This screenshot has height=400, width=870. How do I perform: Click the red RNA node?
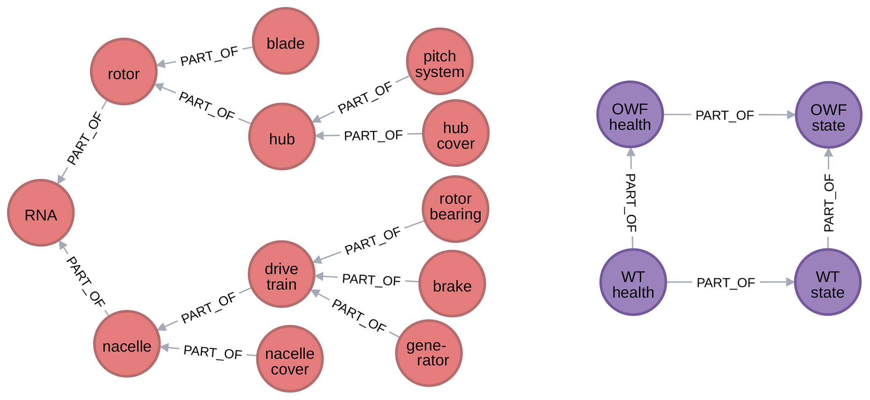[x=41, y=213]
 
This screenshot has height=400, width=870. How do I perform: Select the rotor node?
[x=124, y=72]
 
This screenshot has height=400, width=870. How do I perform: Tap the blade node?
[x=286, y=41]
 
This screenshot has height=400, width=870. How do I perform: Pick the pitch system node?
[x=440, y=62]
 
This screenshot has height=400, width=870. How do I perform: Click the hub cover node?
[x=456, y=133]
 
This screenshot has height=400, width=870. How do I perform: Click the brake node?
[x=452, y=284]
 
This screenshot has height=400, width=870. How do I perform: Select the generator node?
[x=429, y=353]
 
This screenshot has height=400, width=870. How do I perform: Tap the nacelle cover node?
[x=290, y=359]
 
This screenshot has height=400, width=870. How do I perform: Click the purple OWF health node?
[x=630, y=115]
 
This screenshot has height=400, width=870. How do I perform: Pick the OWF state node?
[x=828, y=115]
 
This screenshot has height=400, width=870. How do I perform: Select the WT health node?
[x=633, y=282]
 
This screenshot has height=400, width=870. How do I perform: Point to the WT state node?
[x=827, y=282]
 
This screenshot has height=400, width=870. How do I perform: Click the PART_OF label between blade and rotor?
[x=209, y=56]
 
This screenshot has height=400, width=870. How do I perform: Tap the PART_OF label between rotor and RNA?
[x=85, y=139]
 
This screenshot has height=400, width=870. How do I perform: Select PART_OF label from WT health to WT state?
[x=726, y=283]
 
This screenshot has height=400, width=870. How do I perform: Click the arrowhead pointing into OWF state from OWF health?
[x=790, y=115]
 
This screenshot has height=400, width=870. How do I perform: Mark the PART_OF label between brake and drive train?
[x=371, y=280]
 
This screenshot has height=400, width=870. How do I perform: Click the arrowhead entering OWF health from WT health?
[x=631, y=152]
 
